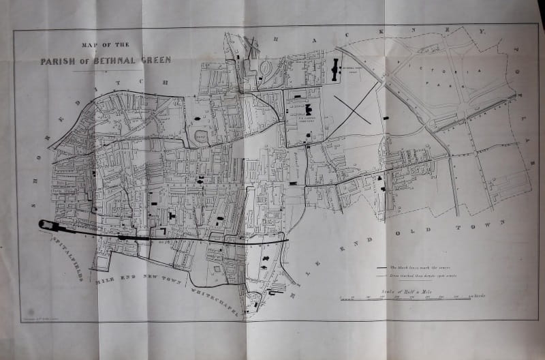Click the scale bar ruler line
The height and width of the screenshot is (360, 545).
click(x=405, y=298)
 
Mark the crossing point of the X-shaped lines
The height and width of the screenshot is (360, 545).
click(x=352, y=110)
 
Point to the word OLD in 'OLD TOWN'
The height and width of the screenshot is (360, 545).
click(x=415, y=235)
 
